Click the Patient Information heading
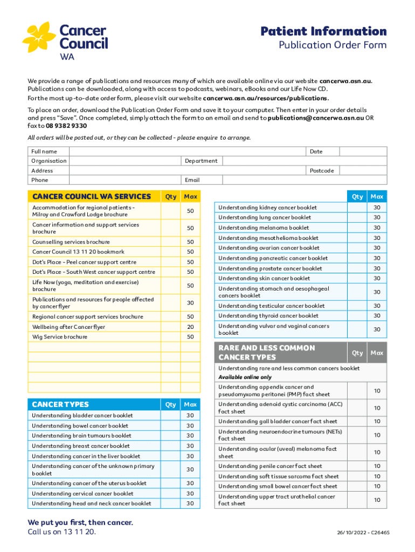coord(323,31)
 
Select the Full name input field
coord(184,151)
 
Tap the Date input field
coord(356,151)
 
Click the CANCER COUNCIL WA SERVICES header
coord(91,197)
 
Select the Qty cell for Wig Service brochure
coord(170,337)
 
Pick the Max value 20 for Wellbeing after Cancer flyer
coord(190,327)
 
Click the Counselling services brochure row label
coord(71,242)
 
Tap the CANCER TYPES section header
coord(60,404)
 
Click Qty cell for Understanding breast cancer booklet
coord(170,446)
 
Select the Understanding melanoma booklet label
coord(264,228)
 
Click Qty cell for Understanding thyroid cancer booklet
coord(357,316)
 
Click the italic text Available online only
coord(245,377)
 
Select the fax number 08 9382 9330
coord(62,125)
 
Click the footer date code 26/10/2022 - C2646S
coord(363,532)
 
